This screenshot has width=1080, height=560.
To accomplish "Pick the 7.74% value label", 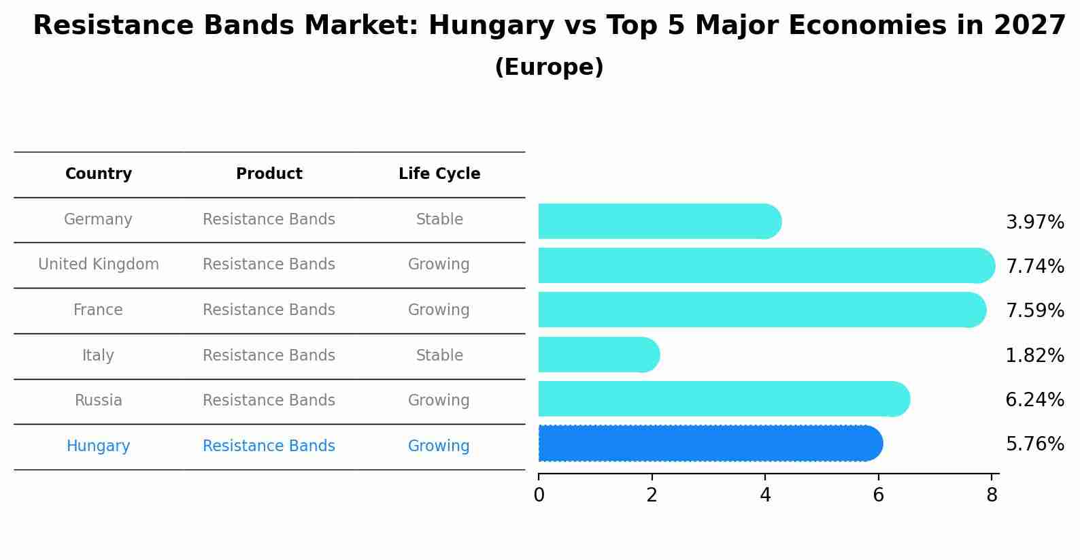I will coord(1034,266).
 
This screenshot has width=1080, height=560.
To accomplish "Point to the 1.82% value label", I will coord(1034,355).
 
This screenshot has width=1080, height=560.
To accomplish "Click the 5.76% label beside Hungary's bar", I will coord(1034,444).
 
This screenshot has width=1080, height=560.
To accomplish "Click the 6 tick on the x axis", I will coord(878,495).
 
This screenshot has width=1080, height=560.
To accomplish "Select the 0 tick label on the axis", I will coord(539,495).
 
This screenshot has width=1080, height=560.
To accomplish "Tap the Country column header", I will coord(99,174).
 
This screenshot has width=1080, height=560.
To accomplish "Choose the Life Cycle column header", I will coord(439,174).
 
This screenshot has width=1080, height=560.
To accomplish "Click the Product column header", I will coord(269,174).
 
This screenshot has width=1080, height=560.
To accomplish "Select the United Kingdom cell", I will coord(99,265).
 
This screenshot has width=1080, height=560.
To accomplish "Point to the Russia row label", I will coord(99,401).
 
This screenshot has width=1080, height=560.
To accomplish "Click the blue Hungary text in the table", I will coord(99,446).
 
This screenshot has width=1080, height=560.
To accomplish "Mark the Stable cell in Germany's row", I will coord(439,220).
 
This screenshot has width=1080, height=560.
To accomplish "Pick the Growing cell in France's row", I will coord(439,310).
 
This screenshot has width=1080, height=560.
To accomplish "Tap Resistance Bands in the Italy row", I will coord(269,356).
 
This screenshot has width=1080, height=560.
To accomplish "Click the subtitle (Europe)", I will coord(549,67).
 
